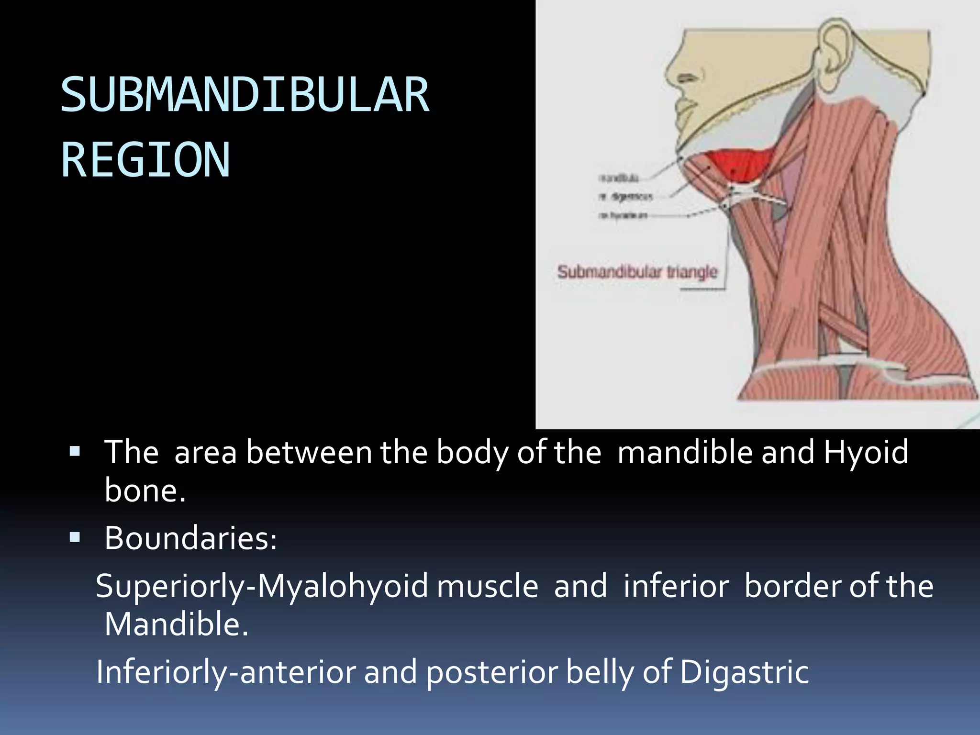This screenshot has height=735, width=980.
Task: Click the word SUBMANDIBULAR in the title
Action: (245, 95)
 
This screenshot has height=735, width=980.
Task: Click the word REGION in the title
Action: (145, 160)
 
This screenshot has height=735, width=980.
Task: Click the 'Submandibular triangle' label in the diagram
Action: (637, 272)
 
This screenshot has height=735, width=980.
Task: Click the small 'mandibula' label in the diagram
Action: (618, 178)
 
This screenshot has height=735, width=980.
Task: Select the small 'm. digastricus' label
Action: (624, 196)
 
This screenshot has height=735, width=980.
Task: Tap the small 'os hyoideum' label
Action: (623, 215)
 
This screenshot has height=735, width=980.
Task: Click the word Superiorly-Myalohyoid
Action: (261, 586)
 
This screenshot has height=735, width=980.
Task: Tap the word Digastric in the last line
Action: (744, 672)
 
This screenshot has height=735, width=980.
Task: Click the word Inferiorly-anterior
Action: (225, 672)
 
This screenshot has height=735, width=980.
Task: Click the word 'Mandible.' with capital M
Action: (176, 624)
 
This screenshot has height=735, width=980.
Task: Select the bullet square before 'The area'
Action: (75, 451)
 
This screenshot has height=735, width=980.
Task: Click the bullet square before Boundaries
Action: (75, 537)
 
